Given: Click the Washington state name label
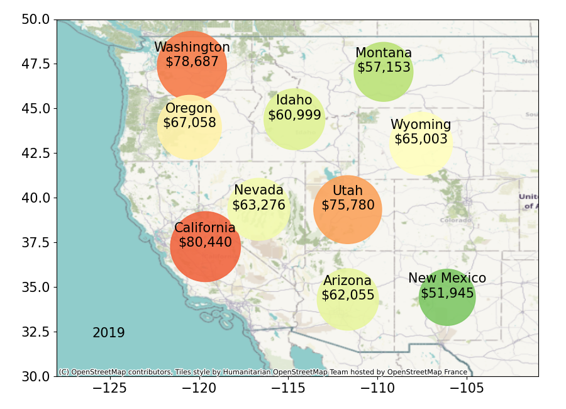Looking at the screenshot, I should click(192, 47).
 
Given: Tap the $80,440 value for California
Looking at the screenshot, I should click(205, 242).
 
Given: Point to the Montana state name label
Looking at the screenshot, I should click(384, 53).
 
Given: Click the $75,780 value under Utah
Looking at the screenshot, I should click(348, 206).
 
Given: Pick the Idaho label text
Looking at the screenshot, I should click(294, 100).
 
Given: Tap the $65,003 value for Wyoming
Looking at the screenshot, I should click(421, 140).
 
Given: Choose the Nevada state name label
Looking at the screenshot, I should click(258, 190).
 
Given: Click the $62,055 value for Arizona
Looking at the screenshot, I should click(348, 295).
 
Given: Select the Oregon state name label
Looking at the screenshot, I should click(189, 108).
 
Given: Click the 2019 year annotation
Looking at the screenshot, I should click(109, 333).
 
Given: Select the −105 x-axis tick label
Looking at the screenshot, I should click(467, 388).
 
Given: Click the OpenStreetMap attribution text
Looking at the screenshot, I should click(263, 372).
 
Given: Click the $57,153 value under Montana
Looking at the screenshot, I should click(384, 67).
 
